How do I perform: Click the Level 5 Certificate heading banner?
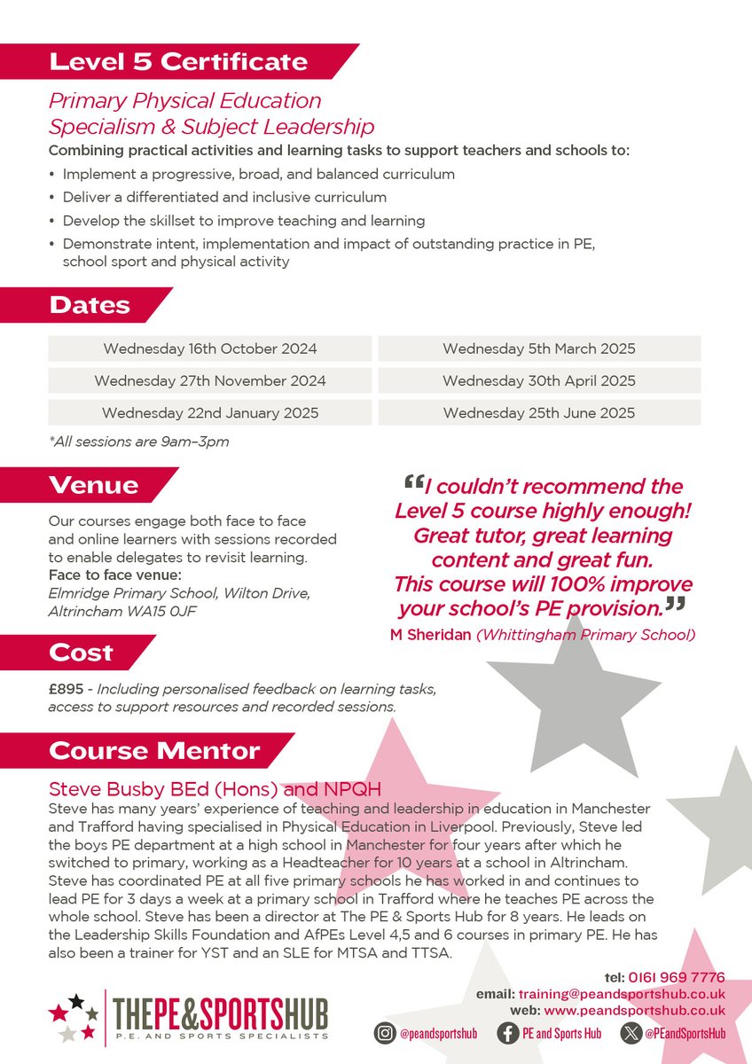pyautogui.click(x=177, y=62)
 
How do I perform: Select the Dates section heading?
pyautogui.click(x=90, y=305)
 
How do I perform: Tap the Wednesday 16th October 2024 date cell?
pyautogui.click(x=209, y=348)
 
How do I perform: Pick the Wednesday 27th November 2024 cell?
pyautogui.click(x=209, y=380)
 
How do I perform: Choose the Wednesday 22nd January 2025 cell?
pyautogui.click(x=209, y=412)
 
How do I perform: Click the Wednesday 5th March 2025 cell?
pyautogui.click(x=538, y=348)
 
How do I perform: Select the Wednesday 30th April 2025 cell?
pyautogui.click(x=538, y=380)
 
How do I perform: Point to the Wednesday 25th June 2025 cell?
pyautogui.click(x=538, y=412)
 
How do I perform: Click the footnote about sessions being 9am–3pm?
pyautogui.click(x=138, y=442)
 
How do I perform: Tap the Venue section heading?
pyautogui.click(x=94, y=485)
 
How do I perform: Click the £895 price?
pyautogui.click(x=65, y=690)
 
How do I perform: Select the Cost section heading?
pyautogui.click(x=82, y=653)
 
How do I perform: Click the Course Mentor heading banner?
pyautogui.click(x=154, y=750)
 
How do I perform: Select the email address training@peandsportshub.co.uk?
pyautogui.click(x=634, y=994)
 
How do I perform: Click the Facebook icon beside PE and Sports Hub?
pyautogui.click(x=508, y=1033)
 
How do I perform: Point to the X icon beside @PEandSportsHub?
pyautogui.click(x=631, y=1033)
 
